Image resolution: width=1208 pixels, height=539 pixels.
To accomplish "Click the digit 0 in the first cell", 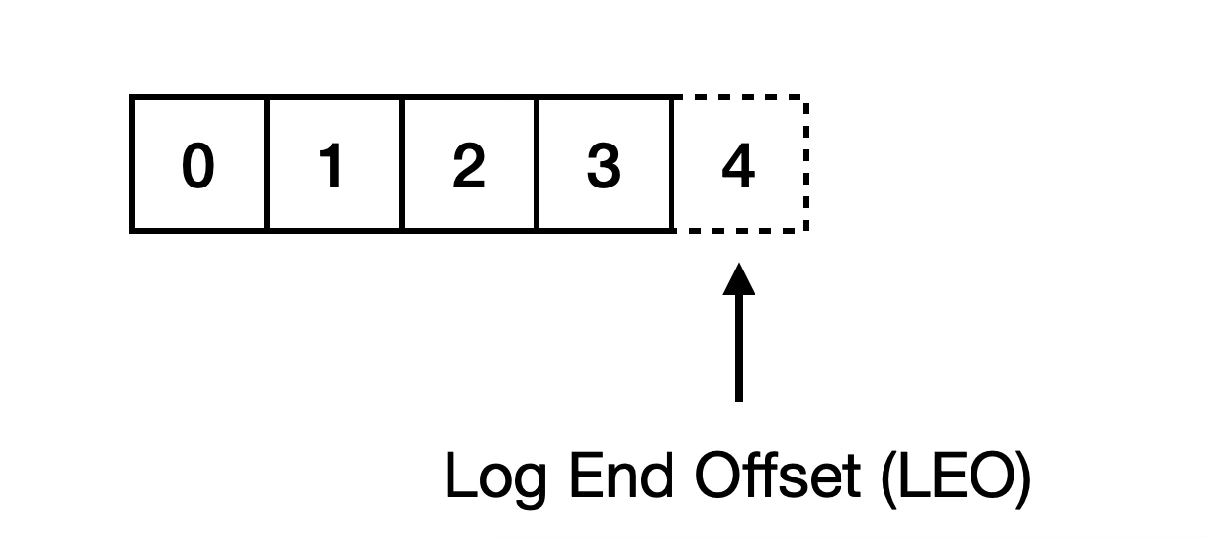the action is [197, 166].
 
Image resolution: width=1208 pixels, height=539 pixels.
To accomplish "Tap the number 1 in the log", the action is [333, 166].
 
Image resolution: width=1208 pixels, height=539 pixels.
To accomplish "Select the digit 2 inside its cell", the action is [469, 166].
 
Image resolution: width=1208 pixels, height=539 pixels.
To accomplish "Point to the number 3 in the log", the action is [604, 166].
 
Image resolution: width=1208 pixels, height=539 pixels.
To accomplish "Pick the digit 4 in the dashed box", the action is [738, 166].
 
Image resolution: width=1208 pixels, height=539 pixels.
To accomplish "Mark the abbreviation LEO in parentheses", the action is [948, 476].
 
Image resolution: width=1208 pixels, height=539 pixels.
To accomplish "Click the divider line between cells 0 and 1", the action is [266, 164].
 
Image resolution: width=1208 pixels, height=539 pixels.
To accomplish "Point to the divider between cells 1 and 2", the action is [402, 164].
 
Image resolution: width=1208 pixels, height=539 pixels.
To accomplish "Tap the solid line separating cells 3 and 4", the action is [673, 164].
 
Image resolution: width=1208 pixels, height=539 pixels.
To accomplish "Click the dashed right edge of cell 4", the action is [806, 164].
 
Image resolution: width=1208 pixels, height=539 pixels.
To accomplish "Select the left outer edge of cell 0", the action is [131, 164].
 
